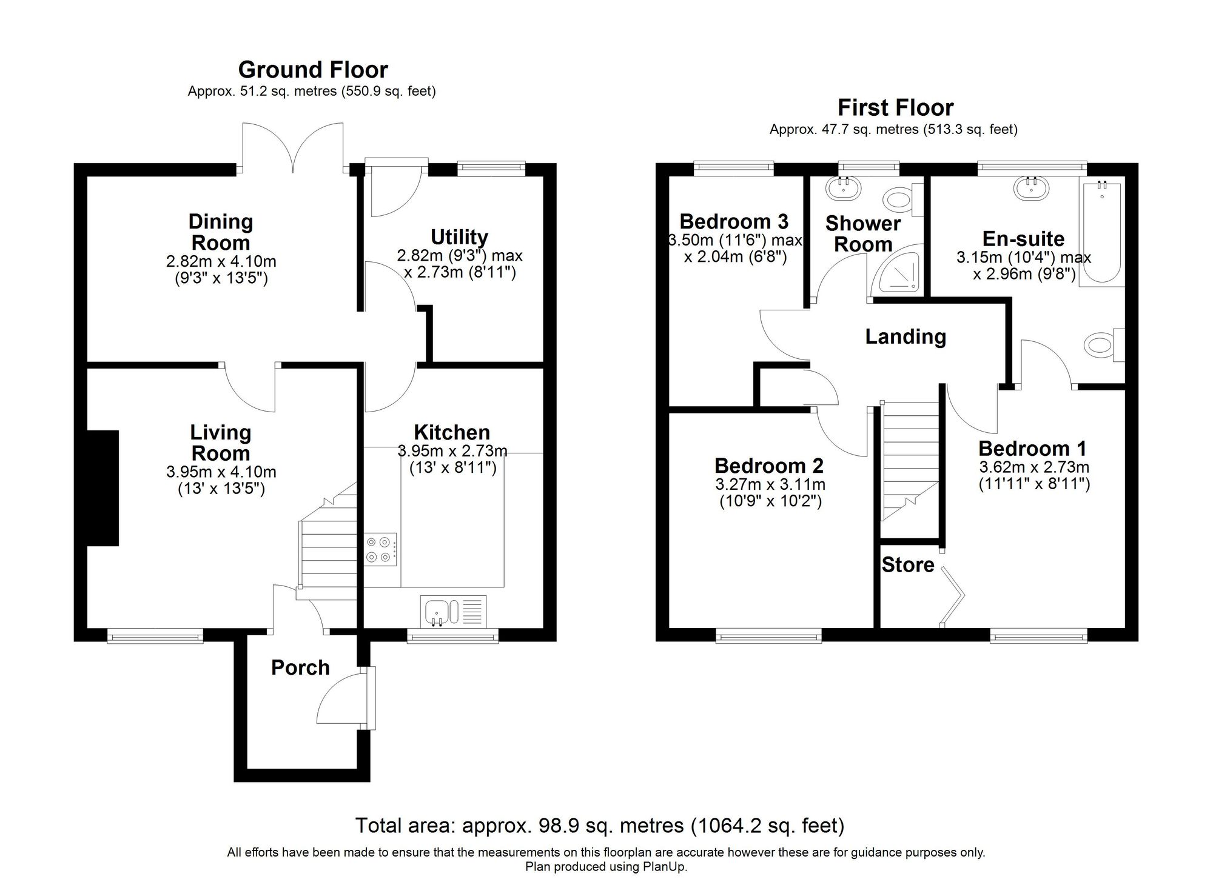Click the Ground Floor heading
(x=312, y=70)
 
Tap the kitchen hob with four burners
(x=380, y=550)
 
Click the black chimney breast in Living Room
(x=103, y=488)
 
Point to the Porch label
(x=300, y=667)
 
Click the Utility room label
(x=459, y=236)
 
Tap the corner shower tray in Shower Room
(x=898, y=273)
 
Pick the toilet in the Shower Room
(x=901, y=198)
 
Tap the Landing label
(x=905, y=336)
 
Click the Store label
(x=907, y=565)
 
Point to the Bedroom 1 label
(x=1032, y=449)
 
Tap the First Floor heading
(x=895, y=108)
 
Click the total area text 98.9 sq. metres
(x=599, y=826)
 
